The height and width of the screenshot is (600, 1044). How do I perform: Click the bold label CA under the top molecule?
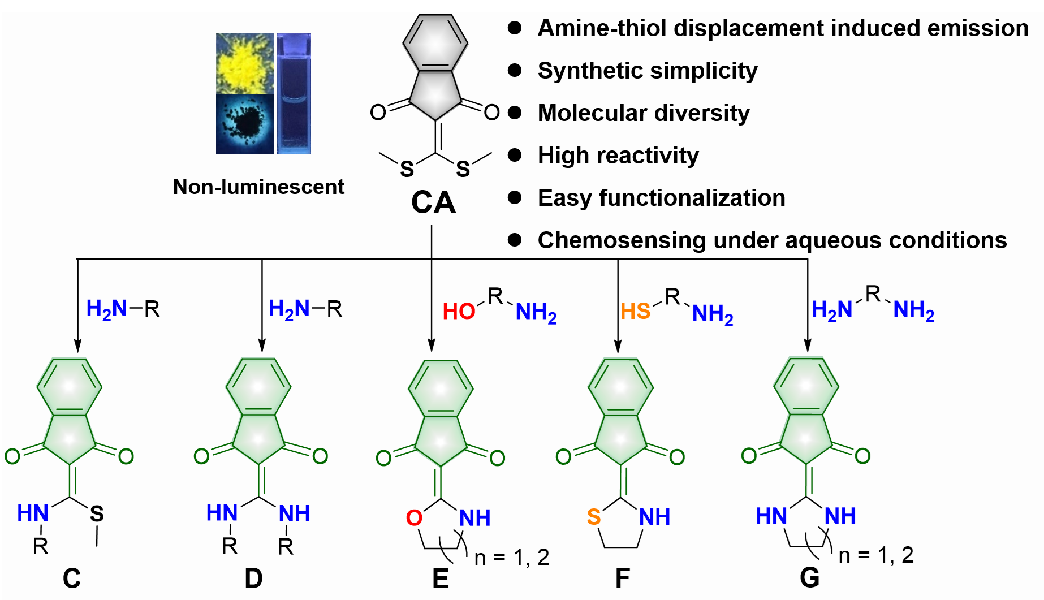[433, 202]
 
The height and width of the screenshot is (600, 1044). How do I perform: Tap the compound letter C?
[72, 578]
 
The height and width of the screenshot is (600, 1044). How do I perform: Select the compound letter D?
[253, 578]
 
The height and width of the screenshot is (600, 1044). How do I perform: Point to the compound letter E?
[441, 579]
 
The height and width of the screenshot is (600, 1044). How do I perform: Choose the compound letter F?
[622, 578]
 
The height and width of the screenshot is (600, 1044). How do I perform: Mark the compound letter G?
[809, 577]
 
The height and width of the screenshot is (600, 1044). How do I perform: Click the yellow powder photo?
[244, 63]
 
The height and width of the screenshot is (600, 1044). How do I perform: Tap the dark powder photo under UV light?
[244, 124]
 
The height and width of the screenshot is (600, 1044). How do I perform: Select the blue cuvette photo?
[294, 93]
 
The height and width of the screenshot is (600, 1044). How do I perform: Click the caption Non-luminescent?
[258, 187]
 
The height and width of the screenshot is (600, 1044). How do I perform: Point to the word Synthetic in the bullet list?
[588, 71]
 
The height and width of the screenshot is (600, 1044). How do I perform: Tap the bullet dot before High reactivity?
[515, 155]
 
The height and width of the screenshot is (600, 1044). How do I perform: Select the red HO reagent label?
[459, 312]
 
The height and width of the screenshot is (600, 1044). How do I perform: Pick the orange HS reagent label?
[635, 312]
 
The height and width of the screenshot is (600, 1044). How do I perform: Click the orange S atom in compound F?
[594, 517]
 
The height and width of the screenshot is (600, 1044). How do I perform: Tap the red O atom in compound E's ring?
[414, 518]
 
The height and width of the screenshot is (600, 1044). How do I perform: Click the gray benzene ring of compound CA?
[435, 43]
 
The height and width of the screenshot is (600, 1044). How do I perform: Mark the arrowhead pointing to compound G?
[808, 346]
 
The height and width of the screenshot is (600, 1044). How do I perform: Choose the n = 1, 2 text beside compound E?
[512, 558]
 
